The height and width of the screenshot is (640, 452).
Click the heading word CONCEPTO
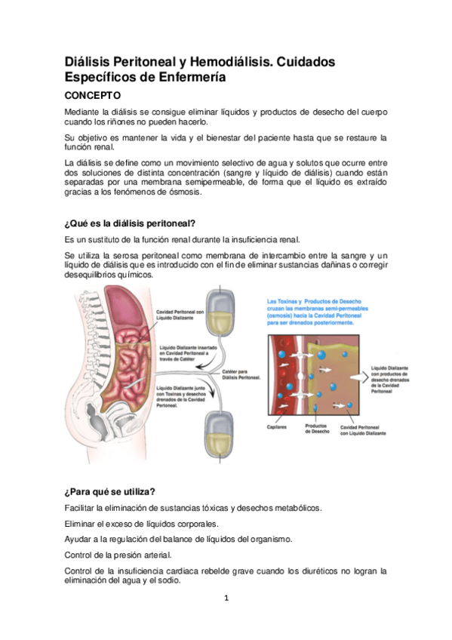[93, 97]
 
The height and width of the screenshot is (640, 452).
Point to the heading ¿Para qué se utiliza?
[109, 491]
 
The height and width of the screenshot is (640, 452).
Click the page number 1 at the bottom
[226, 598]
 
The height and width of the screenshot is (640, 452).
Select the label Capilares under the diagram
[277, 426]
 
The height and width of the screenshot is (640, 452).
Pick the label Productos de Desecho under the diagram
[315, 428]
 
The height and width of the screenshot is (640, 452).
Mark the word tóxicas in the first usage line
[209, 507]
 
